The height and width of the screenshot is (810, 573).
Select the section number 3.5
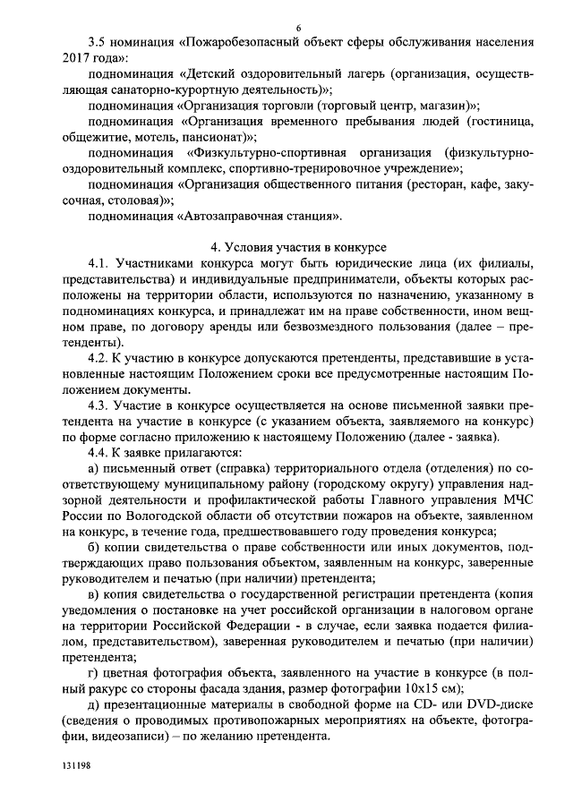point(98,42)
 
